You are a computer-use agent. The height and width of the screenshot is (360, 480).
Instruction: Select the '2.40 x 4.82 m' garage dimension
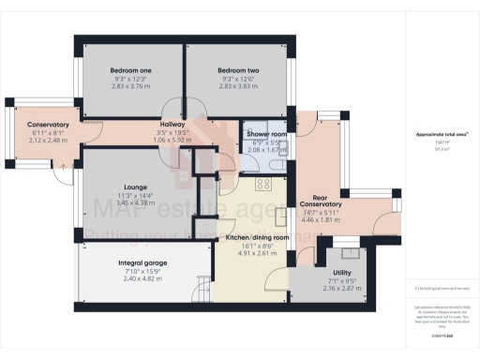point(143,279)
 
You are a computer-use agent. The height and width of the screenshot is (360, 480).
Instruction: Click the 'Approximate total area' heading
point(442,134)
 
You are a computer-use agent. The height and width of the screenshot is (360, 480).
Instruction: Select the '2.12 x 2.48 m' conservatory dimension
point(49,141)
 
